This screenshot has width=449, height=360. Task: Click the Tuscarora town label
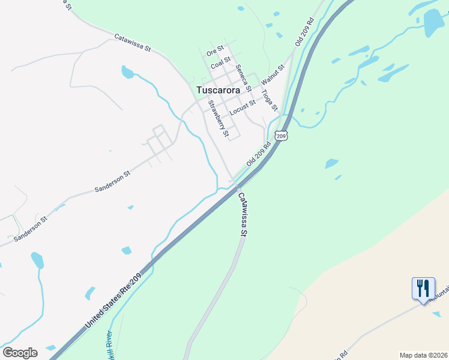pos(218,90)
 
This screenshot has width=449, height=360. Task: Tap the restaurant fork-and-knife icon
pos(424,289)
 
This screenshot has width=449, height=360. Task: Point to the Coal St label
pos(221,62)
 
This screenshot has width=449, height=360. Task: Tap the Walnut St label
pos(272,73)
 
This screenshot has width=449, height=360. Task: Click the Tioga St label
pos(270,98)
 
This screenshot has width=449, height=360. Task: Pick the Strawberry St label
pos(218,118)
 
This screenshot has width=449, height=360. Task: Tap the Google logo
pos(20,353)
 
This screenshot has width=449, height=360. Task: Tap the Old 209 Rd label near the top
pos(305,32)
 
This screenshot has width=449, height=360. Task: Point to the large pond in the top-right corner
pos(433,22)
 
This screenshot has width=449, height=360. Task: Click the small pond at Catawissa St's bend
pos(127,73)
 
